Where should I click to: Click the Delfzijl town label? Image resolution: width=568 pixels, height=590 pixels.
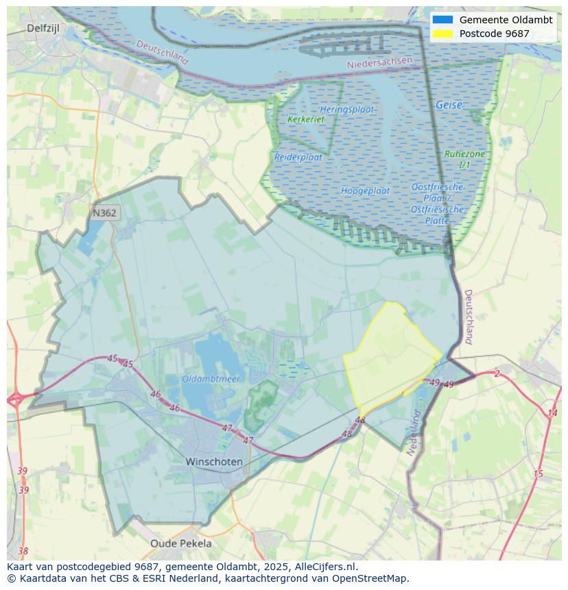(45, 28)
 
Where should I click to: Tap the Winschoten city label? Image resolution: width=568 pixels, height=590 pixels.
(214, 462)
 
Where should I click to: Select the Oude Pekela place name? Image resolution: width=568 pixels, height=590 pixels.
(181, 543)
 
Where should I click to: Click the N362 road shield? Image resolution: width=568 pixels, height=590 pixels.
(104, 213)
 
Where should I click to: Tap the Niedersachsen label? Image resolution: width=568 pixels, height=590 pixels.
(379, 62)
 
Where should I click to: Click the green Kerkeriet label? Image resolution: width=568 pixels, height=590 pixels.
(306, 119)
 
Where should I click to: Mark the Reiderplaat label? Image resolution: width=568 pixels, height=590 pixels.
(298, 157)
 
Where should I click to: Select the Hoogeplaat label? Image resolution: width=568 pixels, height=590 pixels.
(365, 190)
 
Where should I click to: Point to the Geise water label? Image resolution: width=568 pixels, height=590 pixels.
(449, 106)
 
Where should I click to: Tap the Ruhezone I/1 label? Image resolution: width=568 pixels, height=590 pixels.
(464, 160)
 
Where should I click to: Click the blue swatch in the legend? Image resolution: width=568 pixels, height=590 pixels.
(443, 20)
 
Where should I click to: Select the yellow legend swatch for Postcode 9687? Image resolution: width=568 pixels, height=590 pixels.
(443, 34)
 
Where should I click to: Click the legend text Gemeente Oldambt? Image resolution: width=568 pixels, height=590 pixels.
(506, 20)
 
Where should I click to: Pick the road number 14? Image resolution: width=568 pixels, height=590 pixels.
(552, 413)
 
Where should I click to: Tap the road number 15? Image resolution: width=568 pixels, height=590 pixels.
(538, 474)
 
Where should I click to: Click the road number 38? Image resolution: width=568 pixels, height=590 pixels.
(23, 551)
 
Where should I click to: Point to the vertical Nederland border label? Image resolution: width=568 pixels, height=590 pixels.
(413, 434)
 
